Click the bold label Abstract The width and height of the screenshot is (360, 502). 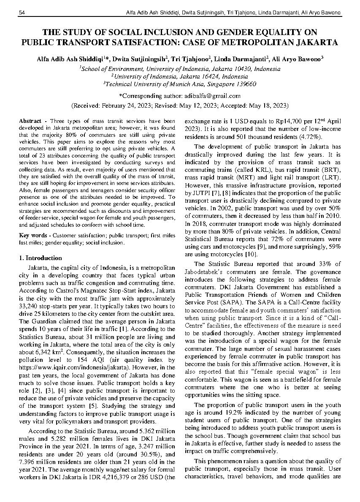tap(30, 121)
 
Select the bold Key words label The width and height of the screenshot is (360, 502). tap(33, 235)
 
